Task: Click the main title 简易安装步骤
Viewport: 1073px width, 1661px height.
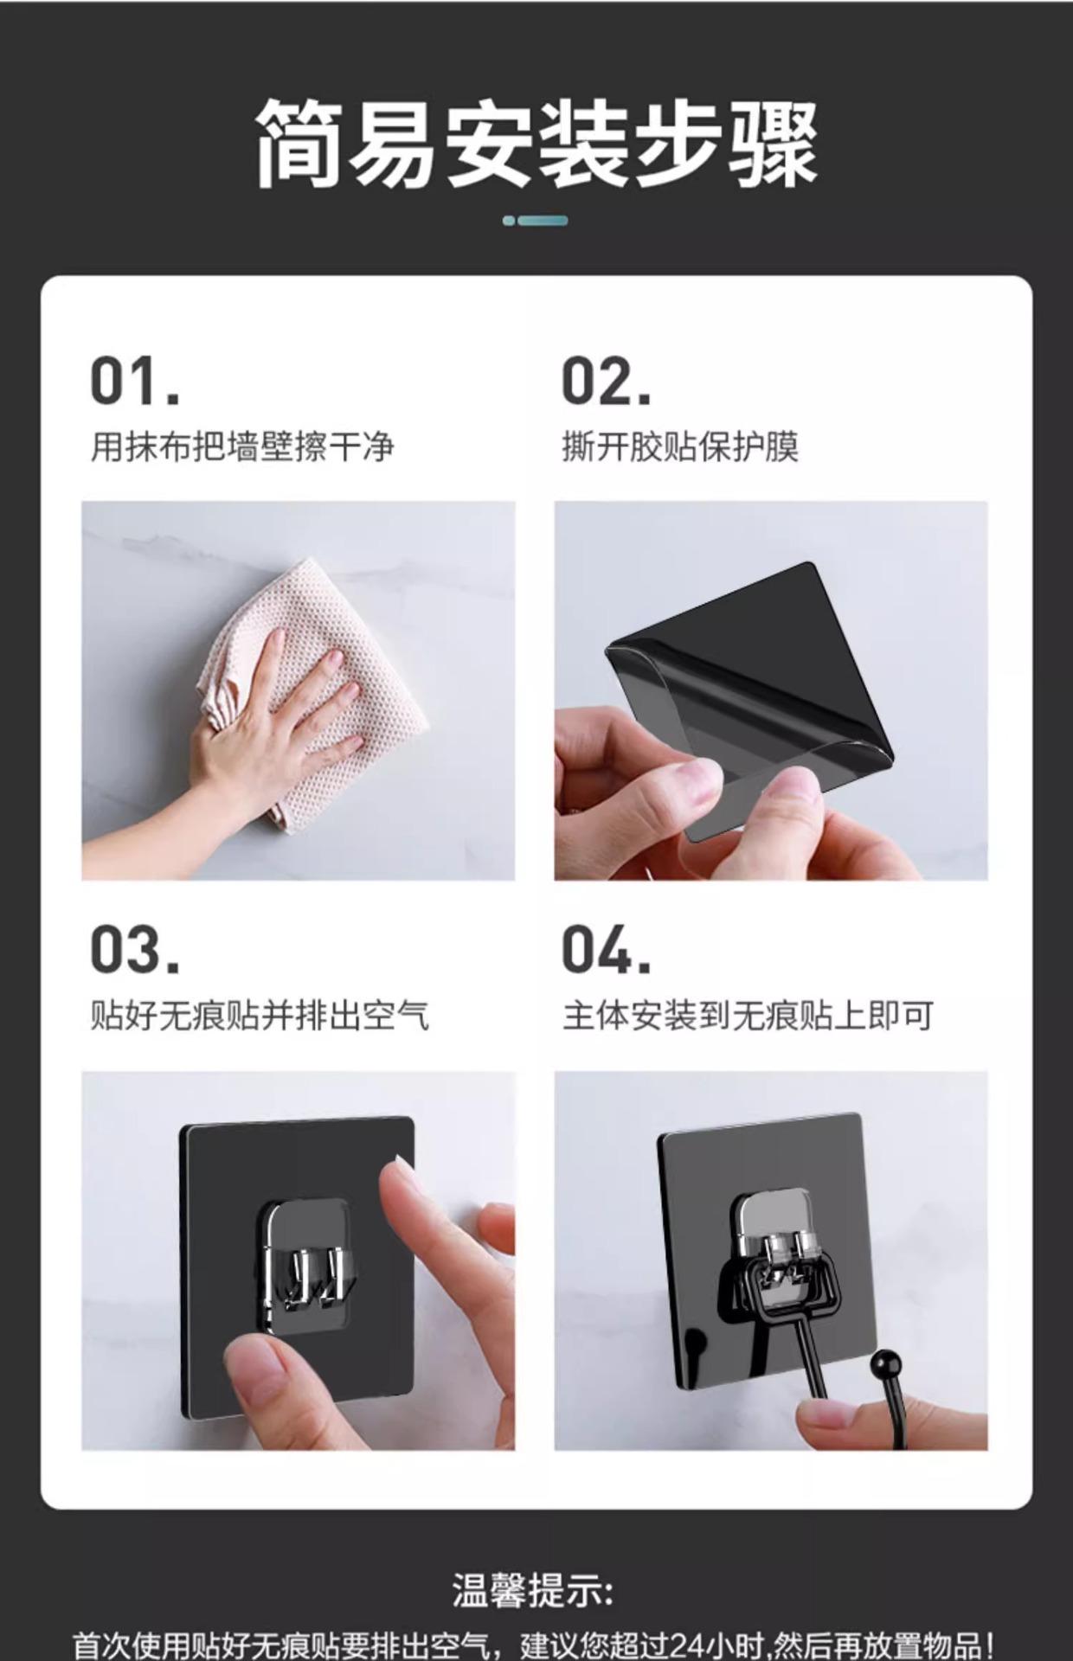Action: pyautogui.click(x=536, y=144)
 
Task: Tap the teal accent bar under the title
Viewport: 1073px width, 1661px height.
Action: pyautogui.click(x=536, y=221)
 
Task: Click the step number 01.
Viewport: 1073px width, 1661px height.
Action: pyautogui.click(x=135, y=381)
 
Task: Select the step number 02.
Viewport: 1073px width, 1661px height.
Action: pyautogui.click(x=606, y=381)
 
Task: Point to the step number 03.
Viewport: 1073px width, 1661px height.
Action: pyautogui.click(x=135, y=949)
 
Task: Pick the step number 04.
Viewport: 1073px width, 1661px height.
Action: pyautogui.click(x=606, y=949)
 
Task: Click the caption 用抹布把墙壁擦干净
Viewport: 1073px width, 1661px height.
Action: pyautogui.click(x=242, y=447)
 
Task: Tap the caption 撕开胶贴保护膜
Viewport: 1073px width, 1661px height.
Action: pyautogui.click(x=679, y=447)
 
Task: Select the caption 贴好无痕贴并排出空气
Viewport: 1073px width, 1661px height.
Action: pyautogui.click(x=260, y=1015)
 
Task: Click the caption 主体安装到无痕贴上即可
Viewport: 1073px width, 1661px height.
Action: pyautogui.click(x=748, y=1015)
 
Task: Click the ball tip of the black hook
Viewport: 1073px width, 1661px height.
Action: pyautogui.click(x=887, y=1366)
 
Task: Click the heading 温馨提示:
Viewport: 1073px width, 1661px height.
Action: pyautogui.click(x=533, y=1589)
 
